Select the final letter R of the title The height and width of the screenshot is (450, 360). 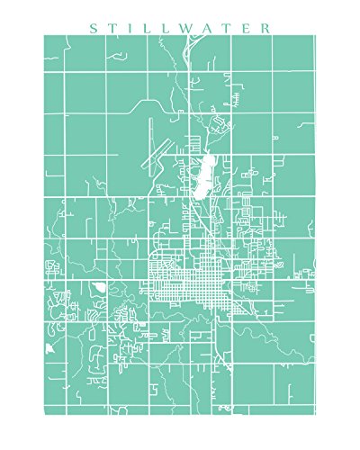pyautogui.click(x=264, y=28)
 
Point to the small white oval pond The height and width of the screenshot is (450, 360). pyautogui.click(x=97, y=287)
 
